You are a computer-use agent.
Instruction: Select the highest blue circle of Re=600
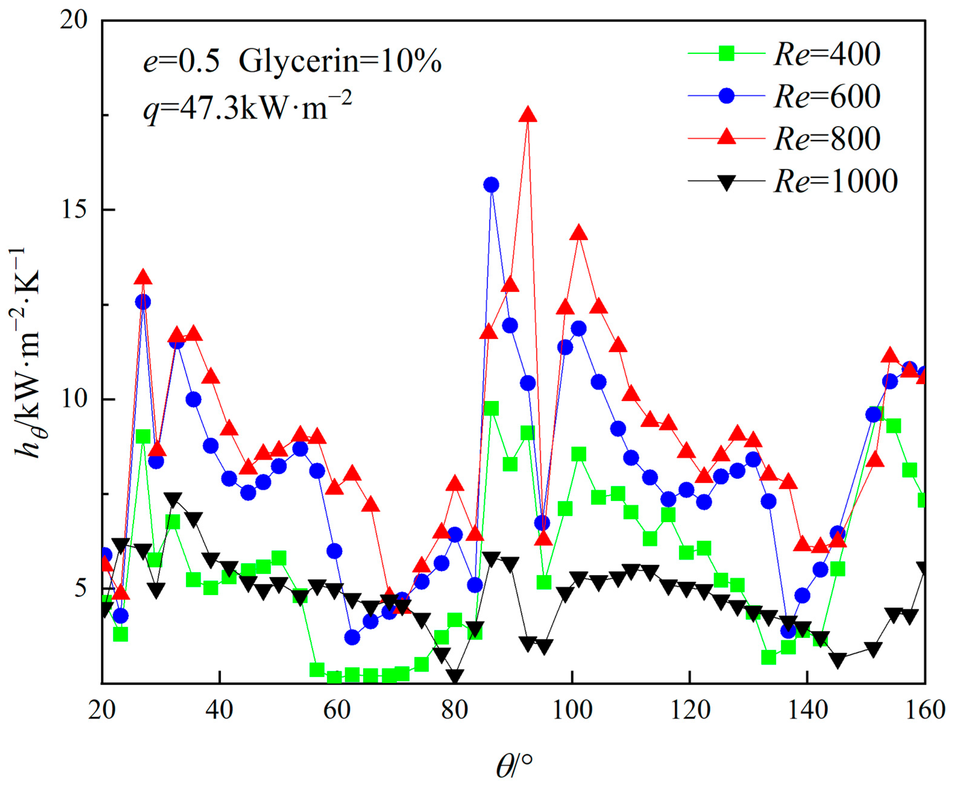click(x=491, y=185)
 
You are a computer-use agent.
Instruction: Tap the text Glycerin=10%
click(x=340, y=61)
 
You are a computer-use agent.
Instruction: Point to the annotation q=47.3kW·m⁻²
click(x=247, y=109)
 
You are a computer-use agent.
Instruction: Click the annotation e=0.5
click(x=181, y=61)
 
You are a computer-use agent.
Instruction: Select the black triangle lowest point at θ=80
click(x=455, y=676)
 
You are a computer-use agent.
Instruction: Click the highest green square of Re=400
click(x=491, y=409)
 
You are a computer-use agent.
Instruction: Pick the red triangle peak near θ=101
click(x=578, y=233)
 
